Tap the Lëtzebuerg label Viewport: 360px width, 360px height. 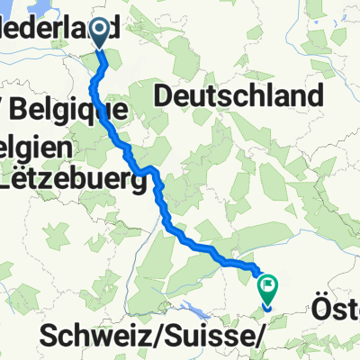click(x=72, y=182)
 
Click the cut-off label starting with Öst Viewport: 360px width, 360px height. click(x=338, y=311)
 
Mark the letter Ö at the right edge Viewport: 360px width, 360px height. click(x=321, y=310)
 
